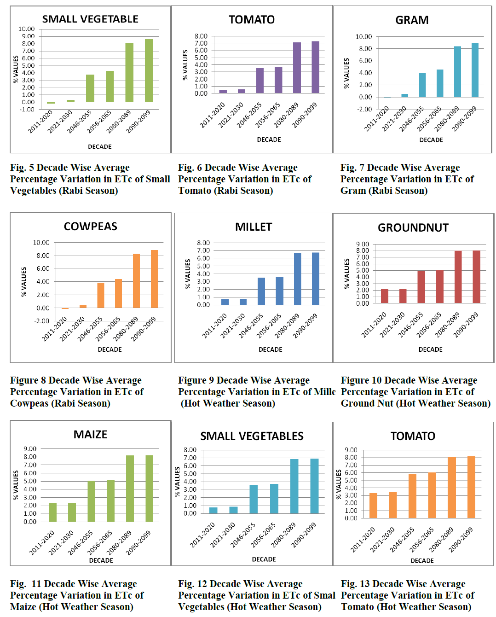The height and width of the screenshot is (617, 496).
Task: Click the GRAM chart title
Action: tap(412, 20)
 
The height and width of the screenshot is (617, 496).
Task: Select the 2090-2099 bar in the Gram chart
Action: tap(475, 70)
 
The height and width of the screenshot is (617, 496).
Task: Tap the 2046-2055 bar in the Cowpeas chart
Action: tap(101, 295)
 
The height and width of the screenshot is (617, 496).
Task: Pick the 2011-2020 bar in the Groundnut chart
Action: tap(385, 296)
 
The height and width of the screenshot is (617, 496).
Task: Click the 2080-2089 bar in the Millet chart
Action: tap(298, 279)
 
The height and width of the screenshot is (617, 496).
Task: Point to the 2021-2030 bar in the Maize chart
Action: tap(72, 512)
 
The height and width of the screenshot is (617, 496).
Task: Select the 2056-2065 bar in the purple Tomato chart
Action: tap(278, 80)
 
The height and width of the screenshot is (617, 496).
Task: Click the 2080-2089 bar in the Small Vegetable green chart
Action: tap(129, 72)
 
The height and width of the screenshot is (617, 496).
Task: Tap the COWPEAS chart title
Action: tap(91, 227)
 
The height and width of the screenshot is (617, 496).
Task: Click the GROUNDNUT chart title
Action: tap(413, 228)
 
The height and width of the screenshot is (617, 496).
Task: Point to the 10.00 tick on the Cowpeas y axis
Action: tap(41, 243)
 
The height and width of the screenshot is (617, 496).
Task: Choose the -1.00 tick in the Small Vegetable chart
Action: tap(27, 110)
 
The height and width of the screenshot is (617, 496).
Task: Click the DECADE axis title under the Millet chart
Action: tap(271, 349)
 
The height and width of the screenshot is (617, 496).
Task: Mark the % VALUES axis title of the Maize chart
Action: tap(16, 485)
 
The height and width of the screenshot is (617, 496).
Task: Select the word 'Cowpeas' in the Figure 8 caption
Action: tap(29, 403)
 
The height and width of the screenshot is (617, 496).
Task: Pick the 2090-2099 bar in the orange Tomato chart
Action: tap(471, 487)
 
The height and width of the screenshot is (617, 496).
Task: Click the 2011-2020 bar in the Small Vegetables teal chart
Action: tap(213, 510)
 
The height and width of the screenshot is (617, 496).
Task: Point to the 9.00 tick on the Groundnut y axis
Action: tap(363, 244)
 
